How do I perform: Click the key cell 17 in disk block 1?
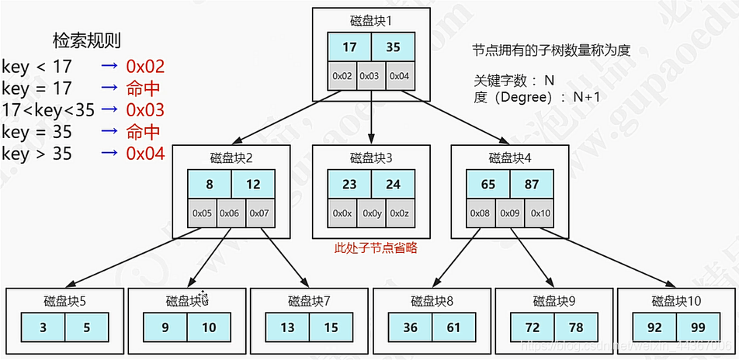click(349, 47)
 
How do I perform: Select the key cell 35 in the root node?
click(393, 47)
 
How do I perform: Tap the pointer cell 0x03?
click(371, 76)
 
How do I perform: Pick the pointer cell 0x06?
click(231, 213)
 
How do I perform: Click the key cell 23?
click(349, 185)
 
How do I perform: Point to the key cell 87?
click(533, 185)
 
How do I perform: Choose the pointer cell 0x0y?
click(371, 213)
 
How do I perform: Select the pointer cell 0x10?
click(541, 213)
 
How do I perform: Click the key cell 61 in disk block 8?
click(454, 327)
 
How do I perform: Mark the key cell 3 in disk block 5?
click(43, 327)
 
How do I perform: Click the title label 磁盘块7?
click(309, 301)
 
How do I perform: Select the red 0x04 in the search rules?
click(145, 154)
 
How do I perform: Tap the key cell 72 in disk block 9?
click(533, 327)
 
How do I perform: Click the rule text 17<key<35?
click(48, 110)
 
